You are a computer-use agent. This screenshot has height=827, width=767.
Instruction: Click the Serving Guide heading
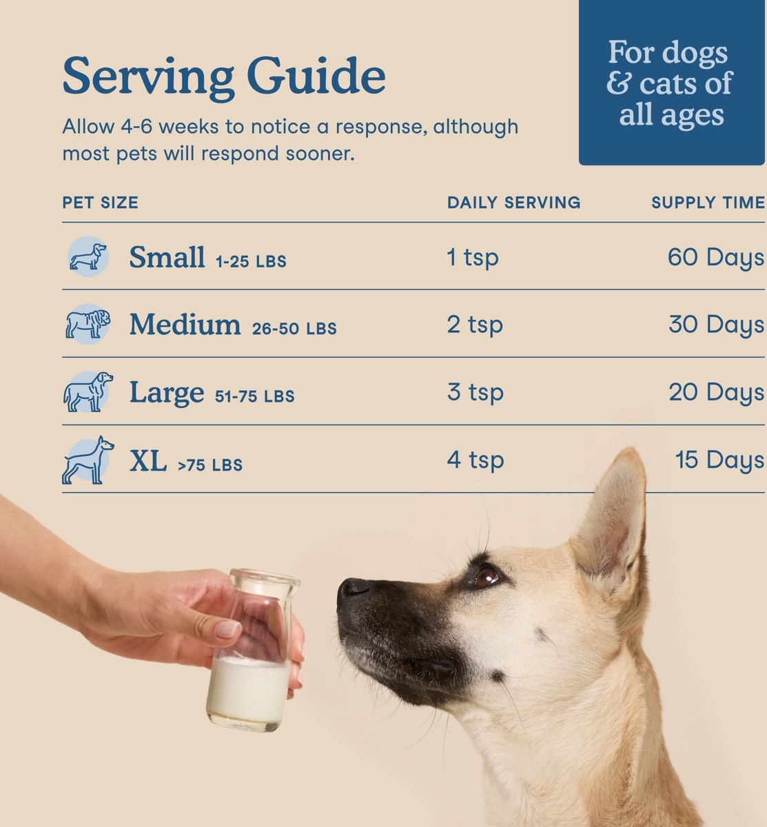point(224,78)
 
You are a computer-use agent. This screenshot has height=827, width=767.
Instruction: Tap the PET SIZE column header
point(101,203)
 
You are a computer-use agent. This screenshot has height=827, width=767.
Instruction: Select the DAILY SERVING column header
point(514,203)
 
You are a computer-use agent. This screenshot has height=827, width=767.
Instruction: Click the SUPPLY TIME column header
point(708,203)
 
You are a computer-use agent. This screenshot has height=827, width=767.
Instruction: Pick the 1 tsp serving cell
point(473,258)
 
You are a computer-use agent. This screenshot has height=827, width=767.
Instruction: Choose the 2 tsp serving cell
point(475,325)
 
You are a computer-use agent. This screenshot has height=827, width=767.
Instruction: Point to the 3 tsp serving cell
point(475,393)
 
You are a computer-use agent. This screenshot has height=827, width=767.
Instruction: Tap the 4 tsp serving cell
point(475,460)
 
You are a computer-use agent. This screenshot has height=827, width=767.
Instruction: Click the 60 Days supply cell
point(716,258)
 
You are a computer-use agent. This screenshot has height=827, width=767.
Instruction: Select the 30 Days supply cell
point(717,325)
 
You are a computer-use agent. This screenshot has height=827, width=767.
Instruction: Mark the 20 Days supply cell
point(717,393)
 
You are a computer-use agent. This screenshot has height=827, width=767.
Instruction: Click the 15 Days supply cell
point(720,460)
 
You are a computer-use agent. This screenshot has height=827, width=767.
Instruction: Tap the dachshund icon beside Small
point(88,256)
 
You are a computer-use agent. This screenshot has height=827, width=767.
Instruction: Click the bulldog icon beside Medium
point(88,324)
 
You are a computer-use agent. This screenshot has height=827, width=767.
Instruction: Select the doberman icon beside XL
point(88,460)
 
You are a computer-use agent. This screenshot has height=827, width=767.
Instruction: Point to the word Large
point(167,393)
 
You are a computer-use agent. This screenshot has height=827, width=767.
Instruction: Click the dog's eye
point(486,577)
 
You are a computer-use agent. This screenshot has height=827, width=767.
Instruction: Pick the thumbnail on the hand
point(227,629)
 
